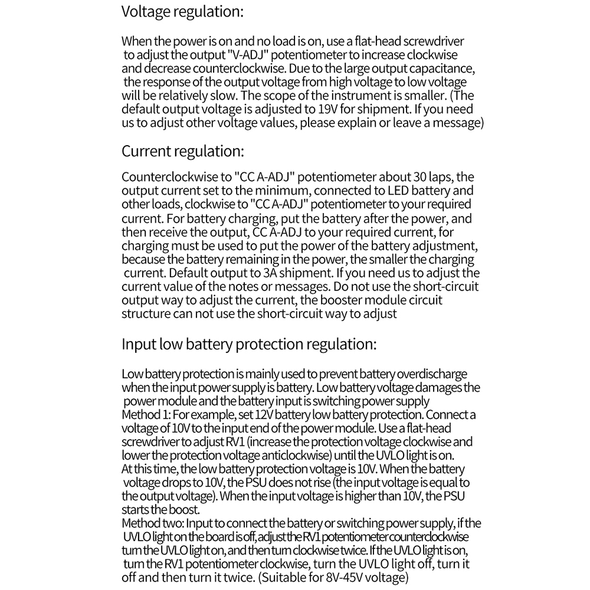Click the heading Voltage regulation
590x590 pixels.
[182, 12]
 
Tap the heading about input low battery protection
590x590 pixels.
[248, 344]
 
